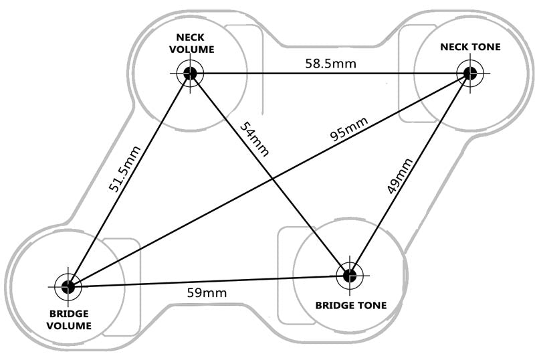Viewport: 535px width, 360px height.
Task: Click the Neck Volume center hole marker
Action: point(190,73)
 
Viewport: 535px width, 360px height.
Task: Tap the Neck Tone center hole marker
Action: point(469,73)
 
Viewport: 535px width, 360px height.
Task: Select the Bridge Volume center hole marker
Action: point(68,286)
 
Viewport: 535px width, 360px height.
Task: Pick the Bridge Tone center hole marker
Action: point(348,274)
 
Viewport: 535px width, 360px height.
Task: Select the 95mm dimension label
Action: point(348,130)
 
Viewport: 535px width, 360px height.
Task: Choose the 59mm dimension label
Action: point(207,292)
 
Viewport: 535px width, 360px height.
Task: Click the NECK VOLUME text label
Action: point(192,43)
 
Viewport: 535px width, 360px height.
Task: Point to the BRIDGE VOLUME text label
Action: point(70,319)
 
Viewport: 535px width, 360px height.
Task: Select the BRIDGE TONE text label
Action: point(351,305)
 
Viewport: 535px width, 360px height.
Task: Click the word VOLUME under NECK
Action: point(192,49)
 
